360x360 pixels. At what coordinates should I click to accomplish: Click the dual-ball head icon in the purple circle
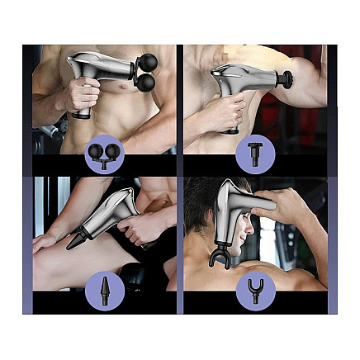[104, 153]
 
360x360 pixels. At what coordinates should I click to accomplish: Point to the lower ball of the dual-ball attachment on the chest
[145, 83]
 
